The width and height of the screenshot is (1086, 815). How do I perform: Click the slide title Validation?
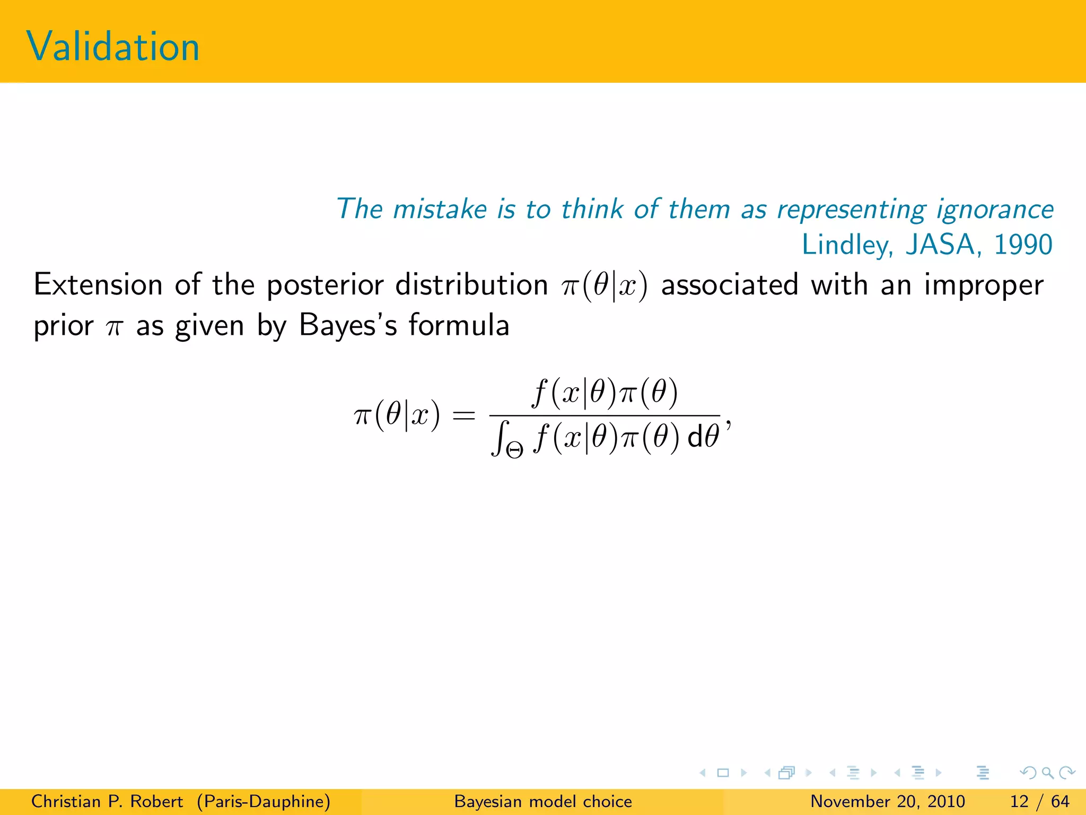[x=113, y=47]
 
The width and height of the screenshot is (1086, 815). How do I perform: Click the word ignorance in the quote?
[x=995, y=209]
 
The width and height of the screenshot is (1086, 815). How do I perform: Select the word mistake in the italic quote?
[x=440, y=209]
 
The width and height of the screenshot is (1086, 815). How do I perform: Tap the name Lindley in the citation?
[x=847, y=245]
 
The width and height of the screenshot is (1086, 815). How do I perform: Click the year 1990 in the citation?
[x=1023, y=245]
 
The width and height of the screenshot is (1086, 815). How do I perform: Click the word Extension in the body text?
[x=98, y=284]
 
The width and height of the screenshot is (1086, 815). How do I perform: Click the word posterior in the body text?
[x=325, y=285]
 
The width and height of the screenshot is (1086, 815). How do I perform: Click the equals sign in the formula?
[x=463, y=416]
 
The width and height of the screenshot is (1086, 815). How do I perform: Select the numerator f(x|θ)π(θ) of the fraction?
[x=605, y=393]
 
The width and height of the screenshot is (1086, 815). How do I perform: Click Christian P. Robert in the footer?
[x=107, y=801]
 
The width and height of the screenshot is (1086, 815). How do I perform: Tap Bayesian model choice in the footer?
[x=543, y=801]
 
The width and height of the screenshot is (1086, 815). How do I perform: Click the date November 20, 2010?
[x=887, y=801]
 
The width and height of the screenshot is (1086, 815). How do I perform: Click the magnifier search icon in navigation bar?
[x=1047, y=773]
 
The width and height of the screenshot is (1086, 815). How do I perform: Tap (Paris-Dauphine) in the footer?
[x=264, y=801]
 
